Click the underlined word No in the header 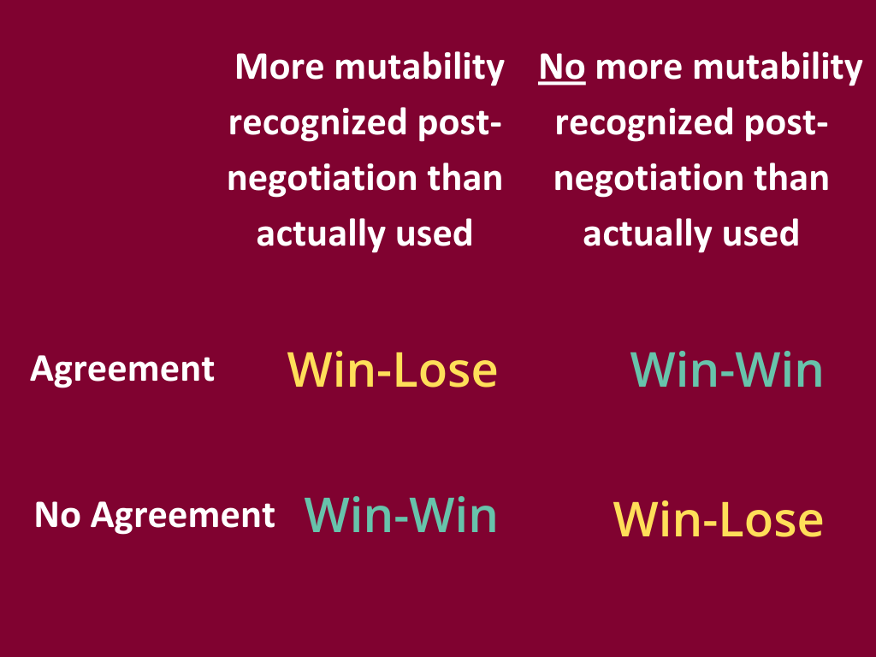[x=561, y=67]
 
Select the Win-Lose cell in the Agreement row [x=392, y=370]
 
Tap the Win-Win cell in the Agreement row [x=726, y=370]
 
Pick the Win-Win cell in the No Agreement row [x=400, y=515]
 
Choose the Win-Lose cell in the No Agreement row [x=719, y=519]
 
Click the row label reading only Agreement [x=122, y=369]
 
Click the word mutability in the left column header [x=419, y=67]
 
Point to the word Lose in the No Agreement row [x=773, y=519]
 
